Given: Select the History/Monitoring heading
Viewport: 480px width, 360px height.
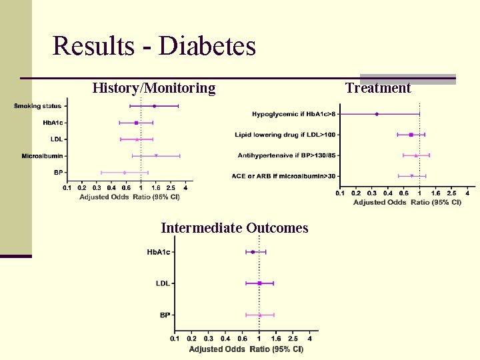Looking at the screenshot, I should coord(154,88).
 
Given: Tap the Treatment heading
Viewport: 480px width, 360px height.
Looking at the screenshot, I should coord(378,88).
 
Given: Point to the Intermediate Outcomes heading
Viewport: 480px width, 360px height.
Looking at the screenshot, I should coord(234,228).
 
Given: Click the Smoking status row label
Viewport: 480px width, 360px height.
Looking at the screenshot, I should coord(37,106).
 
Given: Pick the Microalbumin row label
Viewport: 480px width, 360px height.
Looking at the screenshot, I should coord(43,156).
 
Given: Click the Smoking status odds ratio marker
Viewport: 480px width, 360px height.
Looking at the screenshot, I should coord(154,106).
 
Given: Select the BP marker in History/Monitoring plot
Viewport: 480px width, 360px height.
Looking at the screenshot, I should coord(125,173).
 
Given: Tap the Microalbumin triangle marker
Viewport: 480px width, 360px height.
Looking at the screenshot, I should coord(156,156).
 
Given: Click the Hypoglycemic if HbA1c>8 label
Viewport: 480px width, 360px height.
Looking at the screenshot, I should coord(294,114).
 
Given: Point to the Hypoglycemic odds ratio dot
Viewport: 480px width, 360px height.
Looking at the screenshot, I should coord(377,114).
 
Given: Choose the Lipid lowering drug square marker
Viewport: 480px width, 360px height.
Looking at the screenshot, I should coord(411,135).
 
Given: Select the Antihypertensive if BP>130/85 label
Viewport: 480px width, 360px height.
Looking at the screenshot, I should coord(287,155).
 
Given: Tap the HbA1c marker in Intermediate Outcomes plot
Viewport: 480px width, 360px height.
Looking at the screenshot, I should coord(253,252).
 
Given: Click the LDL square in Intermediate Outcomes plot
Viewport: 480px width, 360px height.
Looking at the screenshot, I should coord(259,283).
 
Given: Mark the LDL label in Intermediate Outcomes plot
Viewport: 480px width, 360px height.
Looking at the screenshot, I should coord(163,283).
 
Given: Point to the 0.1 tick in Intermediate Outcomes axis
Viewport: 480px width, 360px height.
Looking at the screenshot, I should coord(175,339).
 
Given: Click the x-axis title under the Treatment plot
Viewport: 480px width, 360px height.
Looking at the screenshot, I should coord(407,202).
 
